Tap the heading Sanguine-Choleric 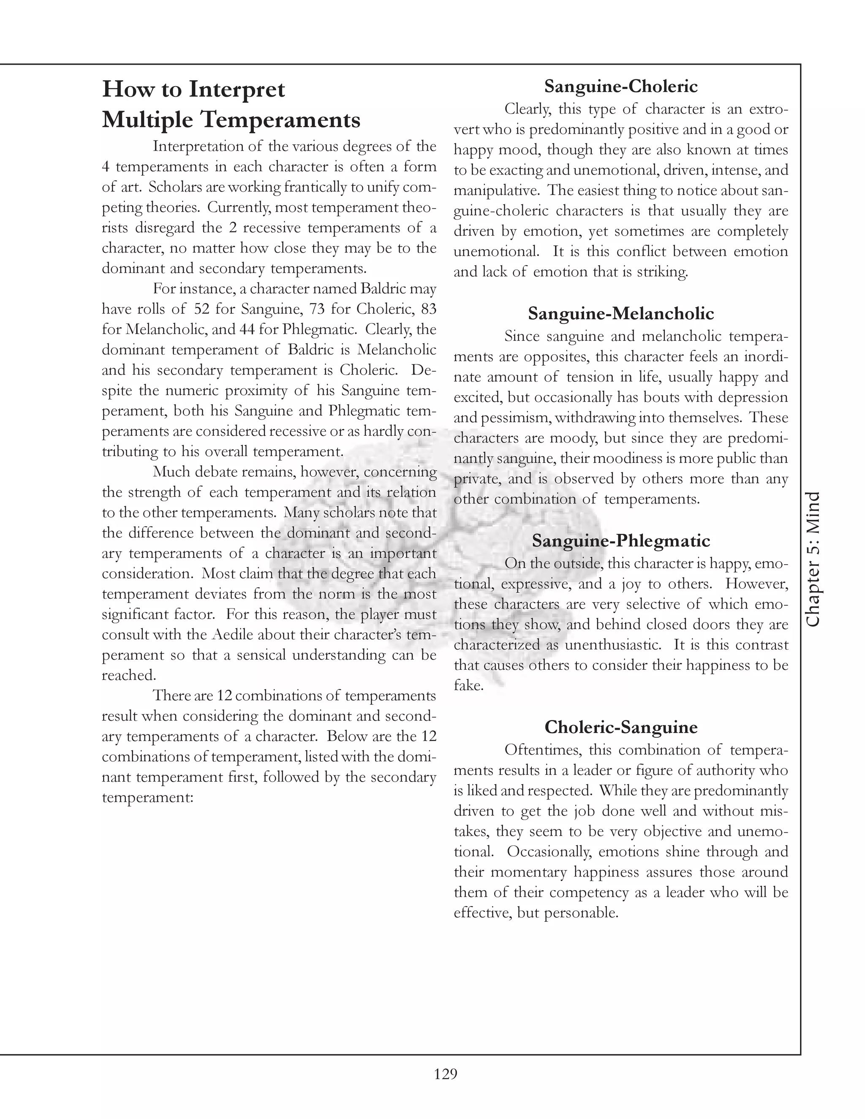(620, 86)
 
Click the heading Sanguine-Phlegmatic (620, 540)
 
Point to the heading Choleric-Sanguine (620, 727)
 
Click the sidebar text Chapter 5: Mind (813, 559)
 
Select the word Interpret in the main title (237, 89)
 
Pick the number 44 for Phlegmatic (247, 329)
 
